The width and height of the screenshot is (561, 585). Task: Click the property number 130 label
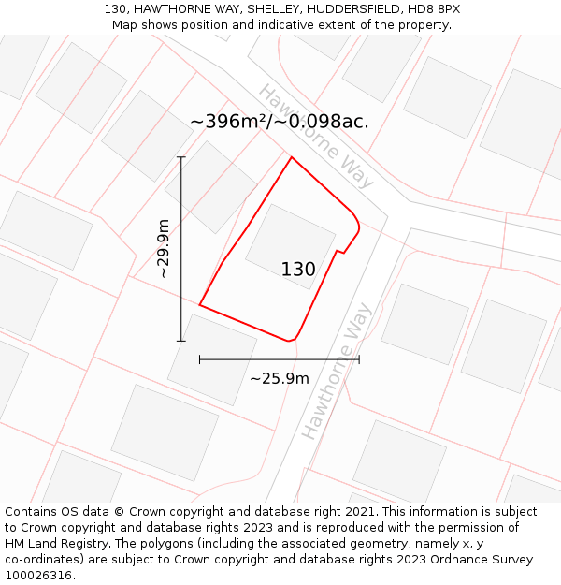coord(298,270)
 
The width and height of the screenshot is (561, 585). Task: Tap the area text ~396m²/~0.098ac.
coord(279,122)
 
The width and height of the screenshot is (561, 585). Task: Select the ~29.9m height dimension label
coord(163,249)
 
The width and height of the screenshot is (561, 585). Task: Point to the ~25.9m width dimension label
coord(279,378)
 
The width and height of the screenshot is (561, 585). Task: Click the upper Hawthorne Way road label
coord(316,136)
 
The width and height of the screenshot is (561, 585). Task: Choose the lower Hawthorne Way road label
coord(337,371)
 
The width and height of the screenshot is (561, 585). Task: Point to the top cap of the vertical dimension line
coord(181,157)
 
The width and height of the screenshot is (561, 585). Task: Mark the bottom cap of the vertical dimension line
coord(181,341)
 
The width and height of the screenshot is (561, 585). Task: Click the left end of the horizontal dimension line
coord(200,358)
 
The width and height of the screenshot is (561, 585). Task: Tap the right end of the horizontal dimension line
coord(359,358)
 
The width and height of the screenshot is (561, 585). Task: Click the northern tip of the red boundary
coord(292,157)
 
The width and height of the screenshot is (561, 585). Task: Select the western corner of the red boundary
coord(200,304)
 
